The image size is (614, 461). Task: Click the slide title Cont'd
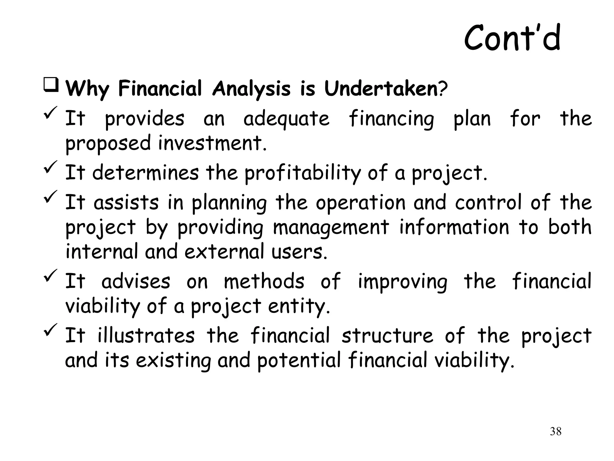(x=512, y=38)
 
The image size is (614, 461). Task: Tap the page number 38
(x=556, y=432)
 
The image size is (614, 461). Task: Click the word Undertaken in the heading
(x=381, y=89)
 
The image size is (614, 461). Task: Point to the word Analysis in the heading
(x=251, y=89)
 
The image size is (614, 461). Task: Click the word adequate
(x=286, y=119)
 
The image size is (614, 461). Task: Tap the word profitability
(x=303, y=173)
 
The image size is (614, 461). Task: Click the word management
(x=331, y=227)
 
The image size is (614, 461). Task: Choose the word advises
(x=136, y=282)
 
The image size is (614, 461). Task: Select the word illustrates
(x=146, y=336)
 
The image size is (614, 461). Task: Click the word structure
(x=387, y=336)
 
